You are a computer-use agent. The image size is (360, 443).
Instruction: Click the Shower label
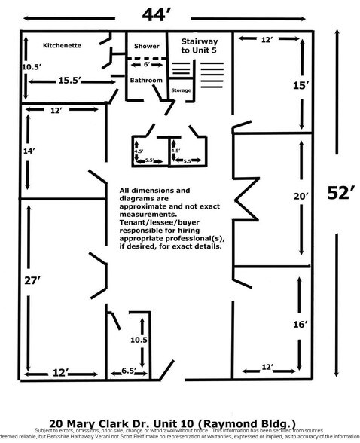tap(147, 46)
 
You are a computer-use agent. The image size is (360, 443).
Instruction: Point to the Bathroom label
tap(147, 79)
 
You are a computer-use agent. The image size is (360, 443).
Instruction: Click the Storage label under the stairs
tap(182, 91)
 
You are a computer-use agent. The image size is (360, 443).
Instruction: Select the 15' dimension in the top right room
tap(301, 86)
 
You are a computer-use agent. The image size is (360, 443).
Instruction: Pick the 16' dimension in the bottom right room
tap(301, 324)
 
